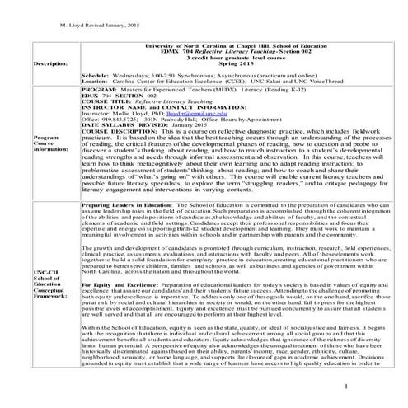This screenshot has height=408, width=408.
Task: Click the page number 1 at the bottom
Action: (x=373, y=387)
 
